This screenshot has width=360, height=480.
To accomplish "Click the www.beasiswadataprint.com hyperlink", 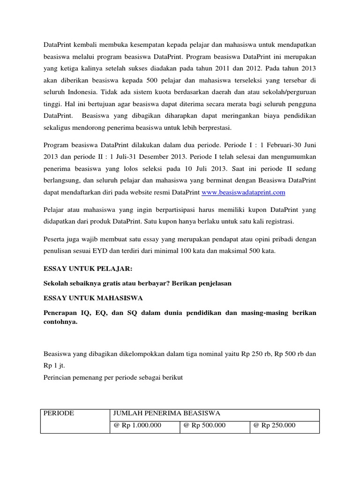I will [x=243, y=193].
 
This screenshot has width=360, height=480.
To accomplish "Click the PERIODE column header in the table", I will [x=59, y=413].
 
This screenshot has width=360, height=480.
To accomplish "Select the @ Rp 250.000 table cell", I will [x=274, y=426].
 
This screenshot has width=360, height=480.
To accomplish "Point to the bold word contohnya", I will [x=60, y=322].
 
